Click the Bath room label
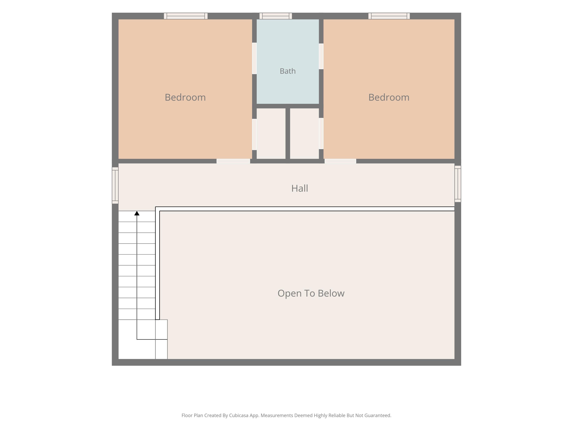[x=287, y=71]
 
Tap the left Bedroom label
[x=185, y=97]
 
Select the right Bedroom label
[x=389, y=97]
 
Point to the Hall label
[x=300, y=188]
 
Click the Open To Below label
[x=311, y=293]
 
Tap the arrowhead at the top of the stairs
[x=137, y=213]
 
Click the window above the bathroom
[x=276, y=16]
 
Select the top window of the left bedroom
[x=186, y=16]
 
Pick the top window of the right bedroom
[x=389, y=16]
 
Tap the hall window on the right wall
[x=458, y=184]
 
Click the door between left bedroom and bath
[x=254, y=58]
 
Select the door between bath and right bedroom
[x=321, y=56]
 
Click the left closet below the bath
[x=271, y=133]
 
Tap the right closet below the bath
[x=304, y=133]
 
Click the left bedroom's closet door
[x=254, y=134]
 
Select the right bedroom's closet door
[x=321, y=133]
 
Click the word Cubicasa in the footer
[x=239, y=415]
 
